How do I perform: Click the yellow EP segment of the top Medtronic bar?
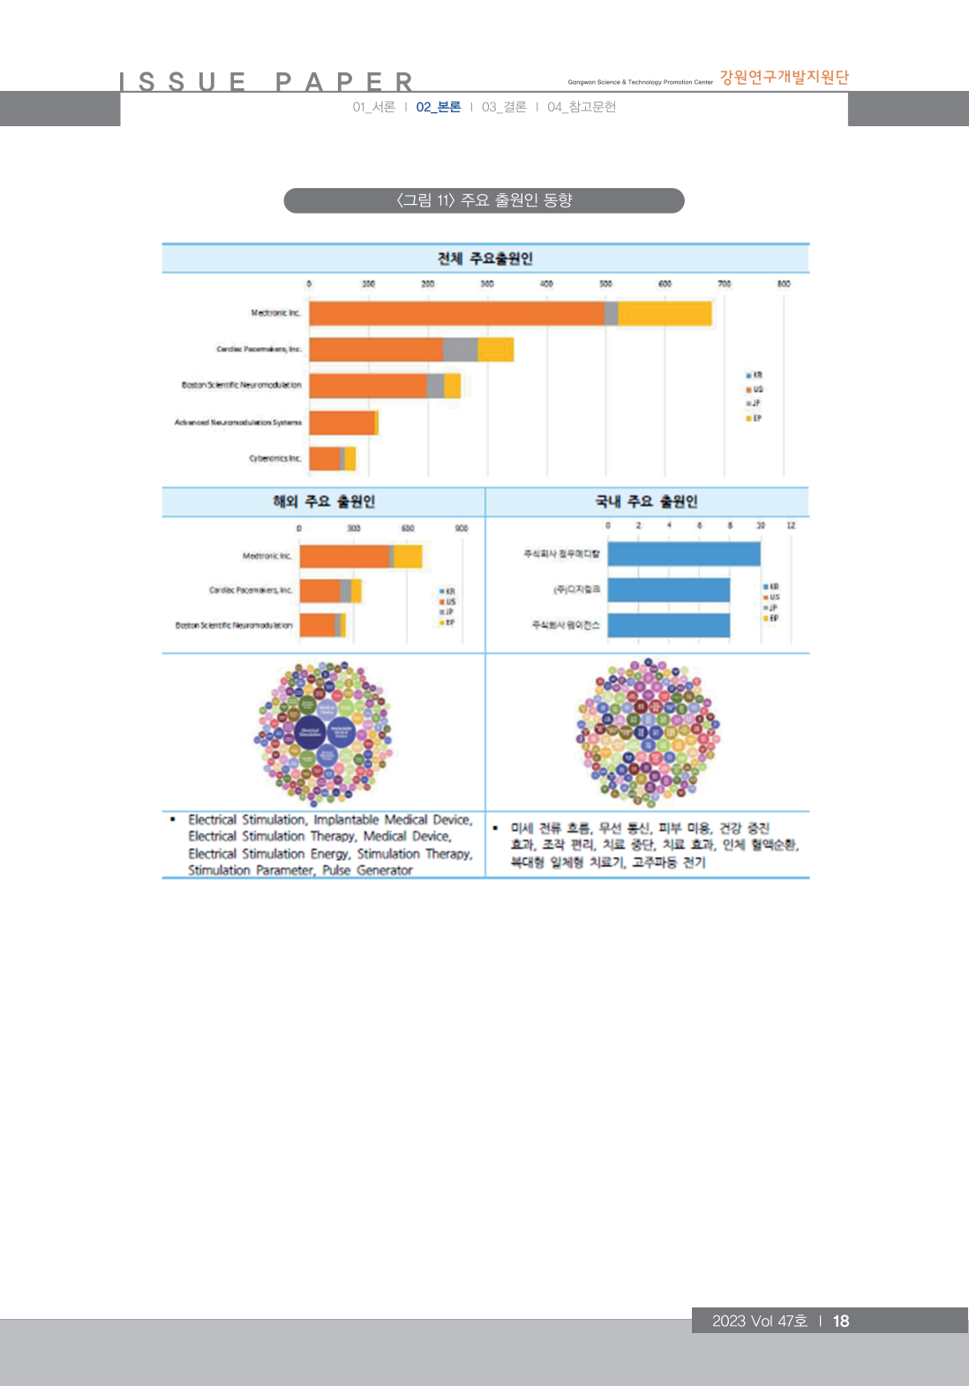[x=664, y=313]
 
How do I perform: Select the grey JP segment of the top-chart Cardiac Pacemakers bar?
[x=460, y=350]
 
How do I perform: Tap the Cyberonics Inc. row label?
[x=275, y=458]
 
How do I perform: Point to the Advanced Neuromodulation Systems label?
[x=237, y=423]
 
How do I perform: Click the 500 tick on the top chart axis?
[x=605, y=284]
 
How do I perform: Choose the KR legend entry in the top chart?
[x=755, y=375]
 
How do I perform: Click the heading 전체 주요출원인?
[x=484, y=259]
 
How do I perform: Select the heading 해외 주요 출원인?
[x=324, y=501]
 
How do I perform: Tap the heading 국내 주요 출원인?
[x=646, y=501]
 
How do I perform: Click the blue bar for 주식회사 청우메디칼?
[x=683, y=554]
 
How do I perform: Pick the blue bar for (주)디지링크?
[x=668, y=590]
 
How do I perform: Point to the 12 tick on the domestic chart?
[x=791, y=525]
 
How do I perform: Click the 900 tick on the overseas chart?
[x=462, y=528]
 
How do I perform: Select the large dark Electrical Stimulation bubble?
[x=310, y=730]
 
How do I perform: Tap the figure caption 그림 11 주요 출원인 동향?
[x=484, y=200]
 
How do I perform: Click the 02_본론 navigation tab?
[x=439, y=107]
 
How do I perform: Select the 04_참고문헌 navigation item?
[x=582, y=107]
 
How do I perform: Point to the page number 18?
[x=841, y=1321]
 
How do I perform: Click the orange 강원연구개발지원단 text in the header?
[x=784, y=78]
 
